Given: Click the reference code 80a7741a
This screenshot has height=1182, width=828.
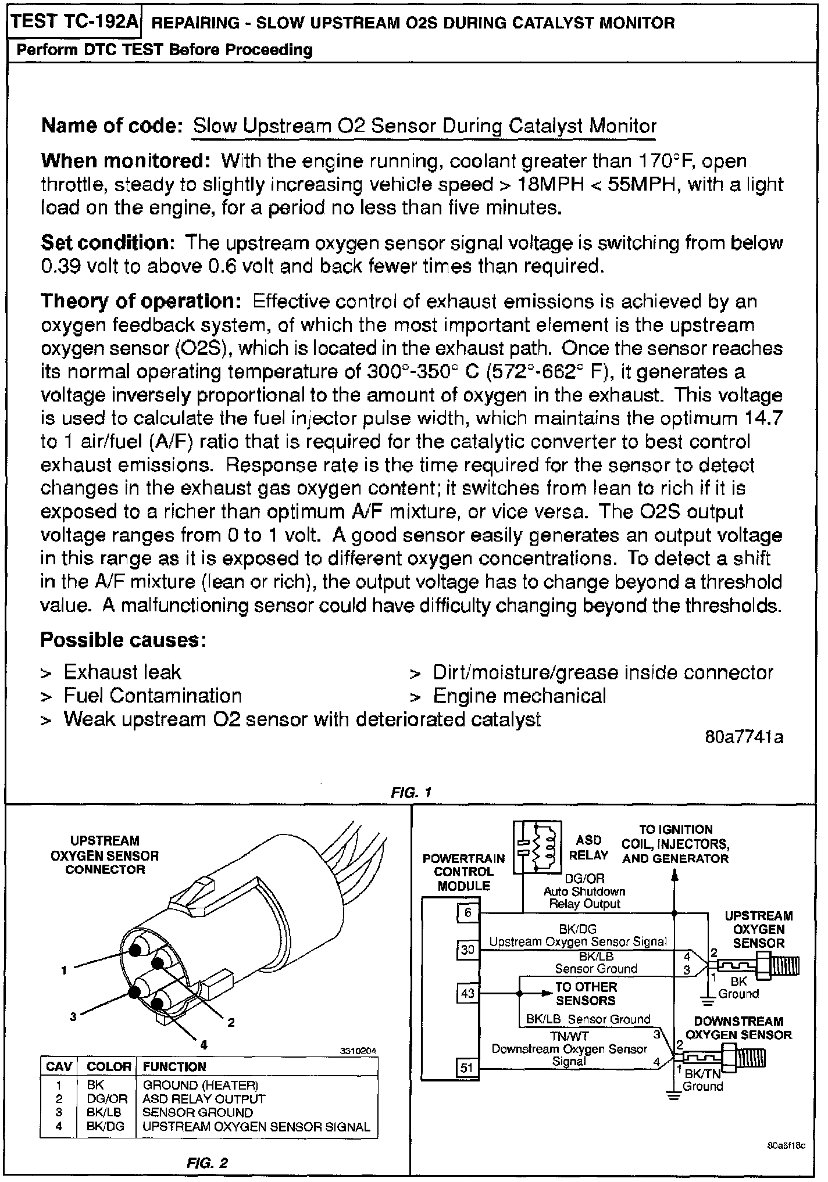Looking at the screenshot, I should tap(744, 737).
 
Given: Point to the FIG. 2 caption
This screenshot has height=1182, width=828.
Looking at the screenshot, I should tap(207, 1163).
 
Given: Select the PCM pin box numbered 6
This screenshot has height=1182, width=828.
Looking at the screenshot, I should tap(468, 913).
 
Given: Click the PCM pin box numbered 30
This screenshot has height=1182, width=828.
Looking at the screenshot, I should tap(468, 950).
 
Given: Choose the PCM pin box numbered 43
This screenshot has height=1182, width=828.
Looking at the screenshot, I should tap(468, 993).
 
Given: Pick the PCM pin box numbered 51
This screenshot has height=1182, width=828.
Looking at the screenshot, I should tap(468, 1067).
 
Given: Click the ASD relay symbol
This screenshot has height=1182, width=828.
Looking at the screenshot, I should tap(537, 847).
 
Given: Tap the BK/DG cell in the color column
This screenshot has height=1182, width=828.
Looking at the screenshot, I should tap(106, 1126).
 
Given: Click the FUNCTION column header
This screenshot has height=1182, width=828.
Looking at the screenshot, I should tap(174, 1066).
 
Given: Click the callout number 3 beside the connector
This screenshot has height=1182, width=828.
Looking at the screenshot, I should tap(73, 1016).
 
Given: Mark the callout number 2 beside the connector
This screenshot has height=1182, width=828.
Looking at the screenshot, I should tap(231, 1022).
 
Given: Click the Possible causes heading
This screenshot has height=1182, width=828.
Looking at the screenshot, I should tap(123, 640).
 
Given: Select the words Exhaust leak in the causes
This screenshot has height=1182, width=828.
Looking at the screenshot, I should tap(122, 672).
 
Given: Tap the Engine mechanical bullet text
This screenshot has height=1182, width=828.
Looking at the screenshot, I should tap(519, 696).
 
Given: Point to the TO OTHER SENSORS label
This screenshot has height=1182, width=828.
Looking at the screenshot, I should tap(586, 993).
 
